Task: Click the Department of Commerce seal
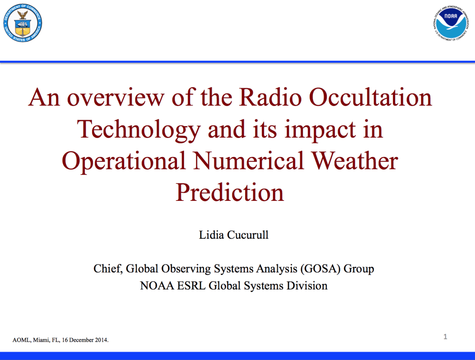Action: click(23, 23)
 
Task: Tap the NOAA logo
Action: click(451, 23)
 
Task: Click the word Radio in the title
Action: click(270, 97)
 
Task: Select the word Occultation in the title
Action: click(370, 97)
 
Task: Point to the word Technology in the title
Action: click(139, 129)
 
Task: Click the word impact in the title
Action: click(320, 129)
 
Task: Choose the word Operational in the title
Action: click(123, 161)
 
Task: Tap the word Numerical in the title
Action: click(248, 161)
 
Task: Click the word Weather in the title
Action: click(355, 161)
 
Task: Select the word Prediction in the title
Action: click(230, 192)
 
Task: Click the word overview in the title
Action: click(115, 98)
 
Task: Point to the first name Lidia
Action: click(211, 235)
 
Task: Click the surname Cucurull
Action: click(248, 235)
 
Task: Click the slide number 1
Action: click(445, 336)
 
